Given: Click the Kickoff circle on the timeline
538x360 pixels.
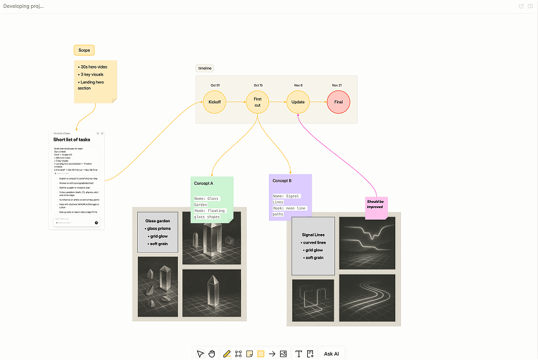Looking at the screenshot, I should (x=214, y=102).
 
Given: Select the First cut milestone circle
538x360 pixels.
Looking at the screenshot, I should (x=257, y=102).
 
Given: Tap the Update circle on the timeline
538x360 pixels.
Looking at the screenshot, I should (x=298, y=102).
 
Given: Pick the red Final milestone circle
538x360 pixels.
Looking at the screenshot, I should (x=338, y=102).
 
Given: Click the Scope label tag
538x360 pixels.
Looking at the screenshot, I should (x=84, y=50).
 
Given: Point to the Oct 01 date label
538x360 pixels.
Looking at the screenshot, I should (x=215, y=85).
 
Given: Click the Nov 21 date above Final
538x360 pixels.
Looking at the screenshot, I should (x=337, y=85).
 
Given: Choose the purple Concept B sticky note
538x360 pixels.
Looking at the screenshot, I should (x=290, y=196).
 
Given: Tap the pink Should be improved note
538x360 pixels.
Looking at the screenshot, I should (x=376, y=205).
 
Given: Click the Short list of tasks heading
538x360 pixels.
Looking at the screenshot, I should (x=72, y=140).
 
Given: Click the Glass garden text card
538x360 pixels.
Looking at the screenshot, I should (x=157, y=233).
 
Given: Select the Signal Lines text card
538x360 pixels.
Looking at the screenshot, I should (x=313, y=246).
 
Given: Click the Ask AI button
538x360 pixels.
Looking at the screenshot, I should (x=332, y=354).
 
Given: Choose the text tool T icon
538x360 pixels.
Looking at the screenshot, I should (x=299, y=354).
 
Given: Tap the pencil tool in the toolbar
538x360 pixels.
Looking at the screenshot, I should (x=226, y=354).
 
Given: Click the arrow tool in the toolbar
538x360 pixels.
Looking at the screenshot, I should (x=272, y=354).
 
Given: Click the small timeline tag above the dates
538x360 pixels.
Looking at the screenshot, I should (x=204, y=68).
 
